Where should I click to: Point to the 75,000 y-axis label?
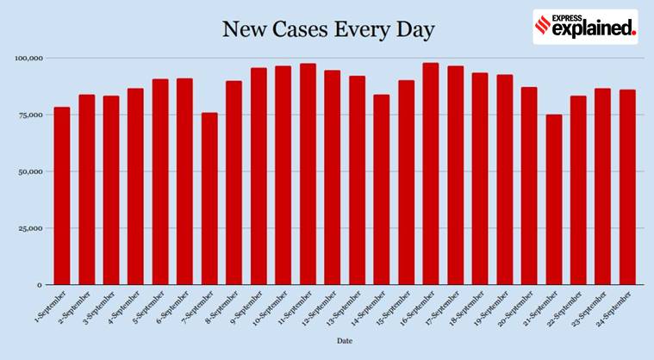click(30, 115)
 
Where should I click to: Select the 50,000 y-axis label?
click(30, 171)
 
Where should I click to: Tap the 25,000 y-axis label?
click(30, 228)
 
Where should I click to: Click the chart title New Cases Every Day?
click(328, 30)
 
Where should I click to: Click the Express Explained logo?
click(585, 27)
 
